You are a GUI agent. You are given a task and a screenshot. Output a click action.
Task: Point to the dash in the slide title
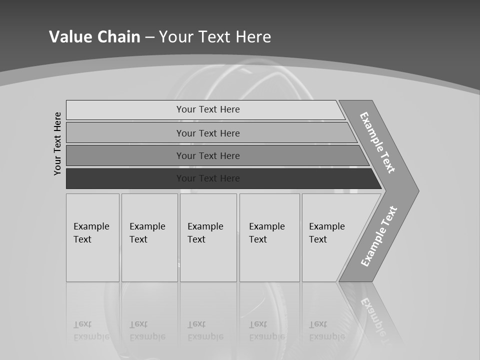point(149,37)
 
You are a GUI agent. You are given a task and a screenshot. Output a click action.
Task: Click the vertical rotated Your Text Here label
point(57,143)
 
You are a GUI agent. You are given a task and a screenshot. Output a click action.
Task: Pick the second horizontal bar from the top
point(207,133)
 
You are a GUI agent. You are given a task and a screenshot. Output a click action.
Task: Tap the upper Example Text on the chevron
point(377,142)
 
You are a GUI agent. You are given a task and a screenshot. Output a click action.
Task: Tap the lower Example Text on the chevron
point(378,236)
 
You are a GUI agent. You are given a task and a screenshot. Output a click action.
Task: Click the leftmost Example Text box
point(92,237)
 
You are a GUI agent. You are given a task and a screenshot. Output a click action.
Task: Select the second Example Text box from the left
point(149,237)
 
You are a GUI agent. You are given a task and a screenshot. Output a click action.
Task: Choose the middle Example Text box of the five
point(208,237)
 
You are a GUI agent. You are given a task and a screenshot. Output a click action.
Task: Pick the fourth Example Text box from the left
point(269,237)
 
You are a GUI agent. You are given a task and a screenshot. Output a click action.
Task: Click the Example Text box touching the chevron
point(327,237)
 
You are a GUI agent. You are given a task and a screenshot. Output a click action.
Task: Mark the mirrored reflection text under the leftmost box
point(91,330)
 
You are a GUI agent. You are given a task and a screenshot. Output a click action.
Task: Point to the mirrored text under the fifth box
point(326,330)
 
